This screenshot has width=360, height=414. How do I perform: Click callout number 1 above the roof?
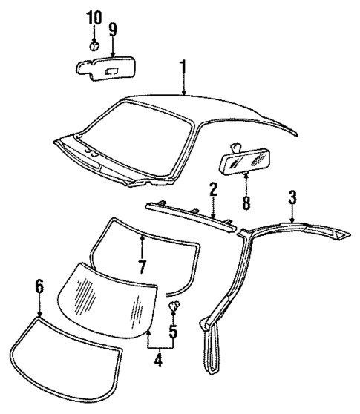click(182, 69)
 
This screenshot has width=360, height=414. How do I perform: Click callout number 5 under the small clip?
click(174, 330)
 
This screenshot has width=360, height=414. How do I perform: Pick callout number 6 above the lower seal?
click(40, 285)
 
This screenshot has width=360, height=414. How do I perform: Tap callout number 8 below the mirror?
click(245, 200)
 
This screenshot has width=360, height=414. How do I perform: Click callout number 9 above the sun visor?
click(112, 30)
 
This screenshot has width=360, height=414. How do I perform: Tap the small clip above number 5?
click(176, 305)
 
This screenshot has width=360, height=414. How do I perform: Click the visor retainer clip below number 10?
click(94, 46)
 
